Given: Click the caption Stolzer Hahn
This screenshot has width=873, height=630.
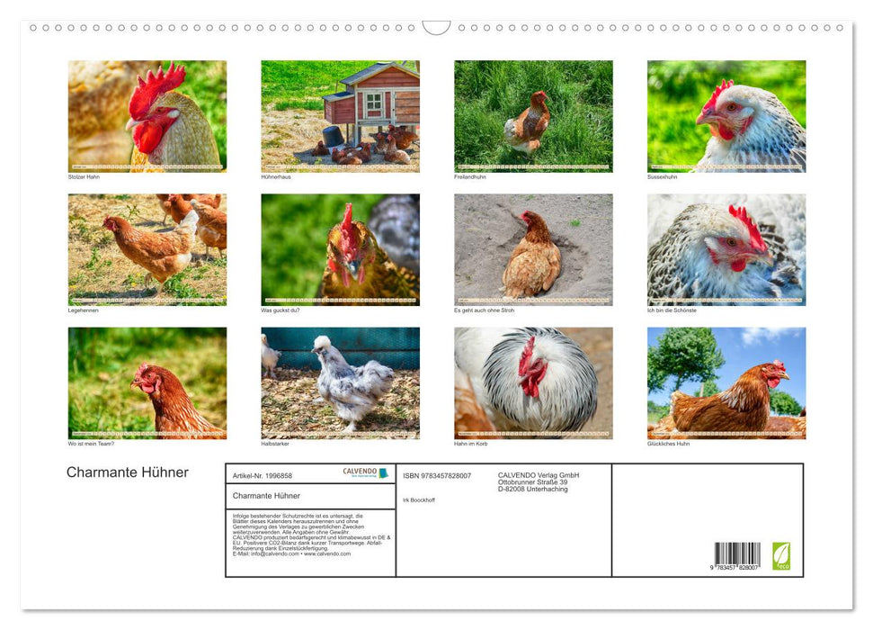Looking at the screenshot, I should pos(83,177).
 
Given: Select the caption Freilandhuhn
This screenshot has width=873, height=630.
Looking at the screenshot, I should pos(470,177).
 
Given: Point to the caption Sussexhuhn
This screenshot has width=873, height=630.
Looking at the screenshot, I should pos(662,177).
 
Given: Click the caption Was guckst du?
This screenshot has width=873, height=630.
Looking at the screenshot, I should pos(281,310).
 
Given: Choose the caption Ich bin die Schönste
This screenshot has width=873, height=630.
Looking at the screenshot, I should pos(672,310).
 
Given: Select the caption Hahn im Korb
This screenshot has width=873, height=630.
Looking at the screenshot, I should pos(471,444).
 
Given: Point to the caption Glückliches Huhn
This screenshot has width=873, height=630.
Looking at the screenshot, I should pos(669,444).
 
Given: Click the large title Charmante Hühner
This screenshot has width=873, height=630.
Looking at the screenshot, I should pos(128,472).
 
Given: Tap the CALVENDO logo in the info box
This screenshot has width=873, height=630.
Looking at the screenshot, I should pos(365,472).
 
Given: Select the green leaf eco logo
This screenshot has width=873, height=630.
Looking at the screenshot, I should pos(781,555).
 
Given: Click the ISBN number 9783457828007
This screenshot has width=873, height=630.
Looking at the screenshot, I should pos(437,476).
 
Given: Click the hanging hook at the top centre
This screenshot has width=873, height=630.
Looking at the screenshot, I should pos(436,28).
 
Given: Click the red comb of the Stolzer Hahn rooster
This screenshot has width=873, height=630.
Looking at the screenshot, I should pos(156,86).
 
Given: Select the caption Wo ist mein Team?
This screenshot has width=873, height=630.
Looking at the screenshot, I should pos(91,444).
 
